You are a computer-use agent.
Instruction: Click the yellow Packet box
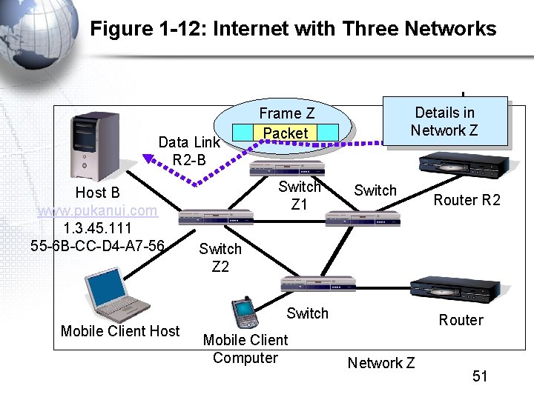coord(286,133)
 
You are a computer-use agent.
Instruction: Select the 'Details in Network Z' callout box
coord(444,121)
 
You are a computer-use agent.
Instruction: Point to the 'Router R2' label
coord(467,200)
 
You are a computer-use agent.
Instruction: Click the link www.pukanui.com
coord(98,210)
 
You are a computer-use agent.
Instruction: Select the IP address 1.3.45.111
coord(98,228)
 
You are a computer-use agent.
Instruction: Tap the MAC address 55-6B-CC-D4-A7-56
coord(98,245)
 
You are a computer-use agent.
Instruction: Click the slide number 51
coord(480,376)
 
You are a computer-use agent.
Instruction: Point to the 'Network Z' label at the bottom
coord(380,363)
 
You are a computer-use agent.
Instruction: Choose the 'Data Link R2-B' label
coord(189,151)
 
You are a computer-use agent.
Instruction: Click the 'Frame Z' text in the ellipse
coord(286,113)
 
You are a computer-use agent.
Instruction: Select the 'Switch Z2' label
coord(220,257)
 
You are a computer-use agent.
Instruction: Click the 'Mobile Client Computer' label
coord(245,349)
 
